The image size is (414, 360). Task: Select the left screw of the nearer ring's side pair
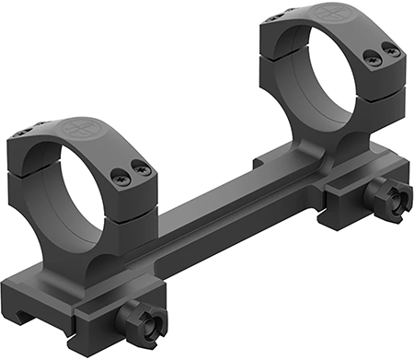120,172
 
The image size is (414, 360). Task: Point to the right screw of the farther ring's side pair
392,52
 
